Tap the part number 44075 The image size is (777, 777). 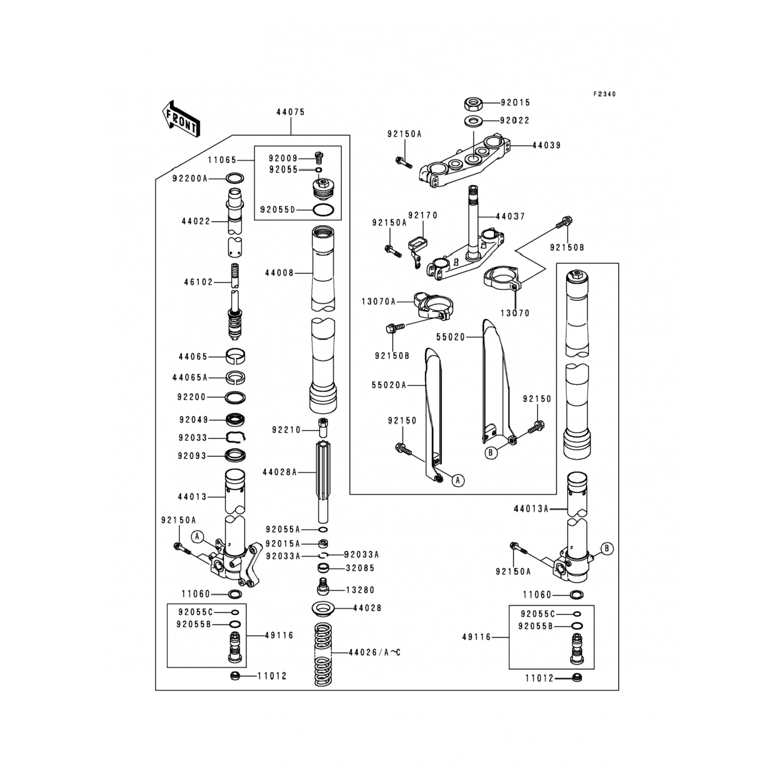tap(290, 112)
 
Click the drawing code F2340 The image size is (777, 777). tap(605, 94)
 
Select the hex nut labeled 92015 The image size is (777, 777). tap(473, 103)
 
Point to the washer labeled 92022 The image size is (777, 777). tap(473, 121)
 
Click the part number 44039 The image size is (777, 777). tap(546, 146)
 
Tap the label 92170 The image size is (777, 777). tap(423, 215)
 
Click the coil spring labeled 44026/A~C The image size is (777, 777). tap(323, 655)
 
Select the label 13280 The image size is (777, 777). tap(361, 590)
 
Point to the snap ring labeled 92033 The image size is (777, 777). tap(236, 438)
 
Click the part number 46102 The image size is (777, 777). tap(198, 282)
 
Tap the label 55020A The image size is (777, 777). tap(389, 385)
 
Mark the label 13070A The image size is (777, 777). tap(379, 301)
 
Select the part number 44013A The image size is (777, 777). tap(531, 509)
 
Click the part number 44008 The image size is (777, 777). tap(279, 272)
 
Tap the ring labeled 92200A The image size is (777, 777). tap(235, 179)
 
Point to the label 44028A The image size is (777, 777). tap(280, 472)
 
